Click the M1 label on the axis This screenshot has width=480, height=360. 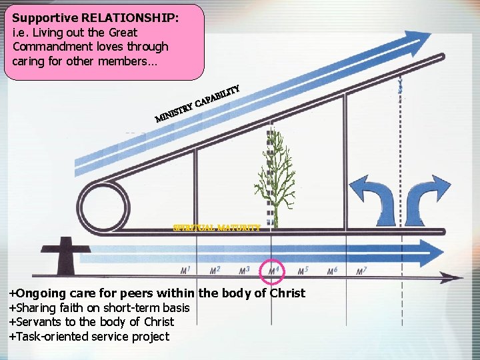coord(185,271)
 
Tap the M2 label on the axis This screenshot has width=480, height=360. coord(215,271)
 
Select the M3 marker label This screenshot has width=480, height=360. coord(245,271)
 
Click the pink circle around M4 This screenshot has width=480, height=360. coord(274,271)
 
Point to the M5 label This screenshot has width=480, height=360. coord(303,271)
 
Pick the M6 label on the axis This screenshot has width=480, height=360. coord(332,271)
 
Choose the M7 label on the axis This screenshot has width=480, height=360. coord(361,271)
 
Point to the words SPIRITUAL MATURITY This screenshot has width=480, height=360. coord(216,227)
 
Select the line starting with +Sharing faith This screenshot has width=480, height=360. coord(99,308)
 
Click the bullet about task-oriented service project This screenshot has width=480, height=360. coord(89,337)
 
